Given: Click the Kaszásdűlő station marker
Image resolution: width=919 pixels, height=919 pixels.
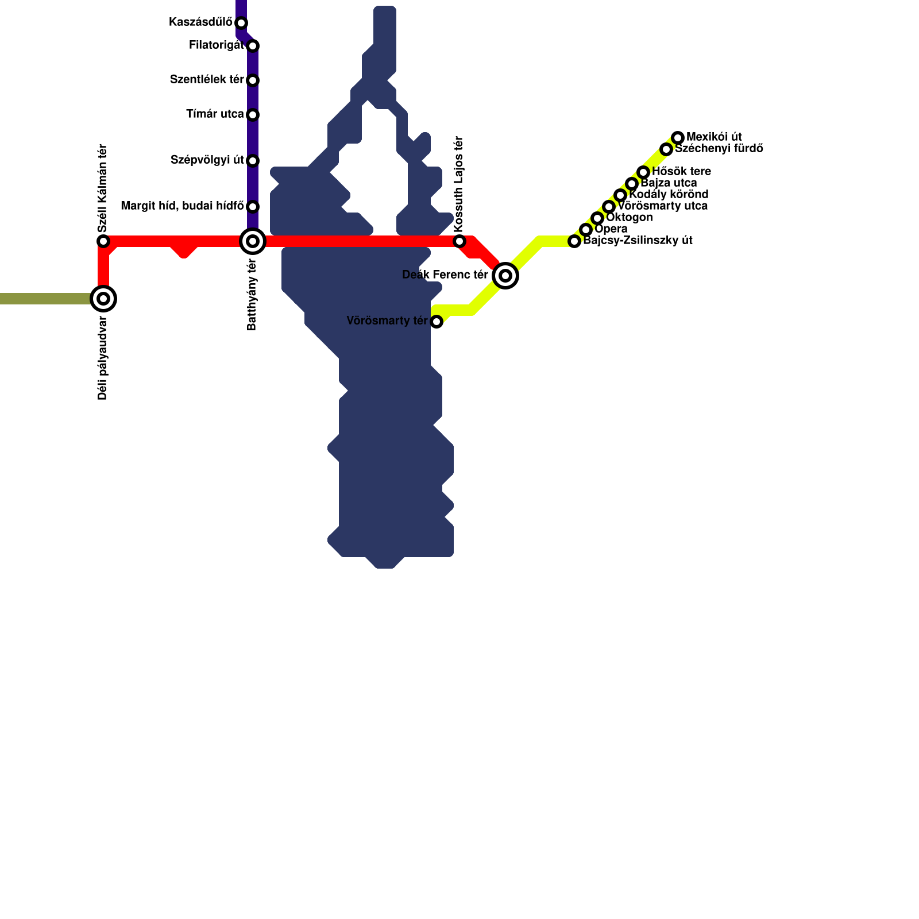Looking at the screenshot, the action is (x=241, y=23).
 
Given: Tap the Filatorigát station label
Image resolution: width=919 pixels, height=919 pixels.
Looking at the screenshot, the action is (x=217, y=45).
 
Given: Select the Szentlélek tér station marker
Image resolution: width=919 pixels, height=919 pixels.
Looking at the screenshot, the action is (x=253, y=80).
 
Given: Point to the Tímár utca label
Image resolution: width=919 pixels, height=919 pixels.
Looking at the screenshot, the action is (x=215, y=114).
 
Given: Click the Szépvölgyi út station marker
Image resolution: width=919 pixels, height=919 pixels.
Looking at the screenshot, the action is (x=253, y=161).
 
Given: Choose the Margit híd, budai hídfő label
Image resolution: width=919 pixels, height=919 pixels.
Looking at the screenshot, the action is (x=182, y=206).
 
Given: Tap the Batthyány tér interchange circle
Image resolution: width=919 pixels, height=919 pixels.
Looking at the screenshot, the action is (x=253, y=241).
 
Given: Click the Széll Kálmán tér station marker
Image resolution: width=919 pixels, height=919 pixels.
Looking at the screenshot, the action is (x=103, y=241).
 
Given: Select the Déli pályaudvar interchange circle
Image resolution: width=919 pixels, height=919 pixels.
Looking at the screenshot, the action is (x=103, y=299).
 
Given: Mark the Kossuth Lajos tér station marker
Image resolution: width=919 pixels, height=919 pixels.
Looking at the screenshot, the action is (x=459, y=241).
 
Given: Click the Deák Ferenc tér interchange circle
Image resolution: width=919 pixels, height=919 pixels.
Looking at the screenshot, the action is (x=505, y=276).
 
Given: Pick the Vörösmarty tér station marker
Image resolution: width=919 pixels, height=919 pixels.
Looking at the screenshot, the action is (x=437, y=322).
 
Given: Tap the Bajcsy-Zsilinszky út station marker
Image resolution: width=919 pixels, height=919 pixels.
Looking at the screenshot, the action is (x=574, y=241).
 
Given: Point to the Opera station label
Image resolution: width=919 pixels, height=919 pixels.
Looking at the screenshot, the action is (x=611, y=229).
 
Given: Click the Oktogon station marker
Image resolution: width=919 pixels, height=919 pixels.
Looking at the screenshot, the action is (x=597, y=218).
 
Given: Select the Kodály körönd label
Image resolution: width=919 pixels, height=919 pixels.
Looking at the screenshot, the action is (x=669, y=194).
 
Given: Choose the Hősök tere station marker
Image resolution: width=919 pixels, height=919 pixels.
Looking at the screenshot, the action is (x=643, y=172).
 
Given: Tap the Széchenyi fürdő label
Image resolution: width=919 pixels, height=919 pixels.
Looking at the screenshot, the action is (x=719, y=148).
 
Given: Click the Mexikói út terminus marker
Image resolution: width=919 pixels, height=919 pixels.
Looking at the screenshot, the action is (x=678, y=138).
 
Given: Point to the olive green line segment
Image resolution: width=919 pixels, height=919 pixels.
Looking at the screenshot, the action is (x=46, y=299).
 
